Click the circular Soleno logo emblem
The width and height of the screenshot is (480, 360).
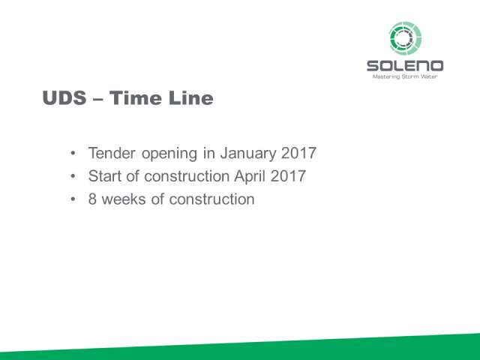click(x=405, y=38)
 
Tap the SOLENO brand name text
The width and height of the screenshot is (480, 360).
click(x=405, y=66)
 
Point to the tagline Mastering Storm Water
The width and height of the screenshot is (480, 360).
click(x=405, y=76)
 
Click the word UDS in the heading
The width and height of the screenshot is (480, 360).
click(x=64, y=98)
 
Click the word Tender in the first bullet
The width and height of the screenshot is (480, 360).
click(x=112, y=153)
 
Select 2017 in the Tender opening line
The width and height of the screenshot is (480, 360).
click(x=298, y=153)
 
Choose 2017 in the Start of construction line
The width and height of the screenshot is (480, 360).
click(x=288, y=176)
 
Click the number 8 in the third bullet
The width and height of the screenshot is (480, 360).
click(x=92, y=199)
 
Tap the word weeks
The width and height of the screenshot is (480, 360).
click(x=124, y=199)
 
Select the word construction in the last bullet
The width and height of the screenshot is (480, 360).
click(x=211, y=199)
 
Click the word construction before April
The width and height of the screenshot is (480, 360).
click(x=187, y=176)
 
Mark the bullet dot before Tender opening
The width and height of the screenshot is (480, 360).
click(x=73, y=153)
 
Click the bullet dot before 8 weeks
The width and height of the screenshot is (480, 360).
click(x=73, y=199)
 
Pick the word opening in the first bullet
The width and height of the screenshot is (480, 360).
click(x=169, y=154)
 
